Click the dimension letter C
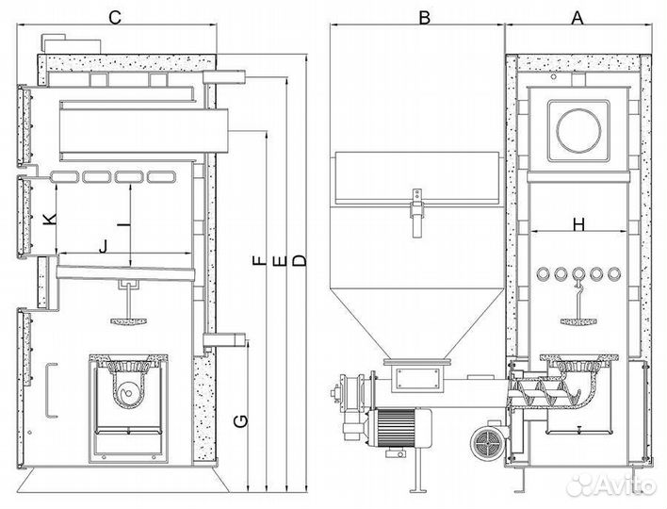pos(115,18)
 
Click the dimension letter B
pos(425,18)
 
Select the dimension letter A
pos(577,18)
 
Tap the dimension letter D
pos(300,260)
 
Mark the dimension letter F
pos(259,260)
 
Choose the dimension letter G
pos(241,421)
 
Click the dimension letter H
pos(579,224)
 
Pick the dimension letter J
pos(104,246)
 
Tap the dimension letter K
pos(50,220)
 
